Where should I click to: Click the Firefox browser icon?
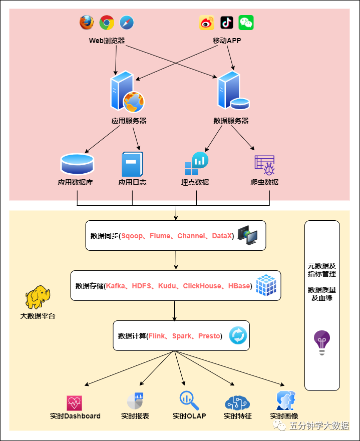click(87, 23)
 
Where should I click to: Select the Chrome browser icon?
click(107, 23)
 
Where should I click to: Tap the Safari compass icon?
click(127, 23)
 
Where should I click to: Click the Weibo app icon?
click(207, 23)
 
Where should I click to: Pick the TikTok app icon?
click(226, 23)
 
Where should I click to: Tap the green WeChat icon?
click(246, 23)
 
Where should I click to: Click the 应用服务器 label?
click(129, 121)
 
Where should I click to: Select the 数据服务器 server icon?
click(232, 91)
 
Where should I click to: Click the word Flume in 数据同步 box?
click(160, 236)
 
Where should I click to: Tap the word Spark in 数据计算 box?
click(181, 336)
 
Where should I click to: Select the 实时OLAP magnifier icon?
click(189, 400)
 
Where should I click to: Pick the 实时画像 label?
click(284, 416)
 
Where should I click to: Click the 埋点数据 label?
click(195, 182)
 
